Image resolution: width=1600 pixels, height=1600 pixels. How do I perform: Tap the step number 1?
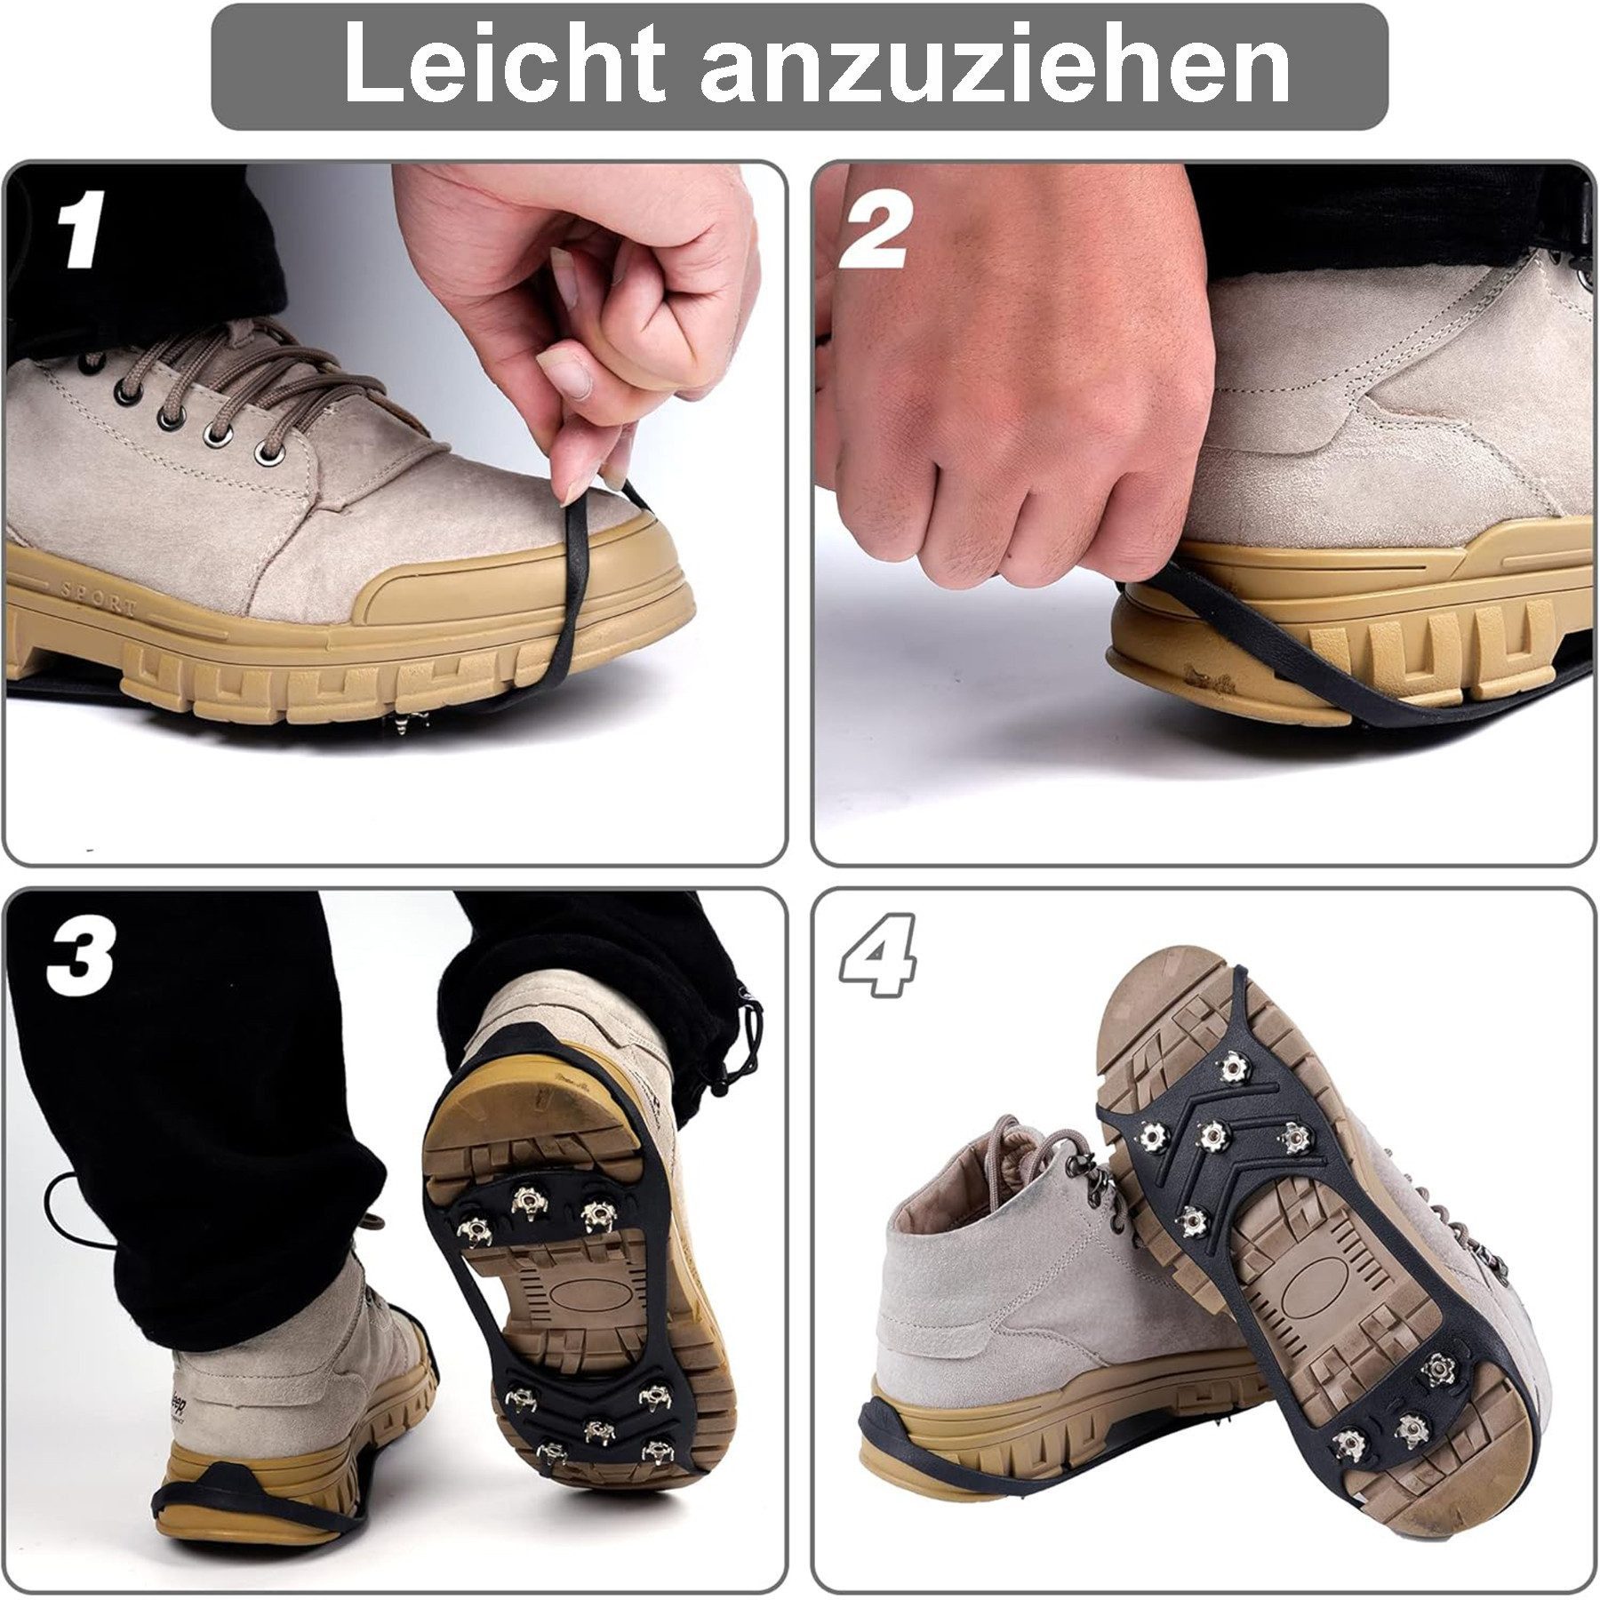point(83,229)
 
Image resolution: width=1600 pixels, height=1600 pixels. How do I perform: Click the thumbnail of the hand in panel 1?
point(569,369)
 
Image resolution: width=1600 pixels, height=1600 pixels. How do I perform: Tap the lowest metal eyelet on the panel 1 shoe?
point(267,458)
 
